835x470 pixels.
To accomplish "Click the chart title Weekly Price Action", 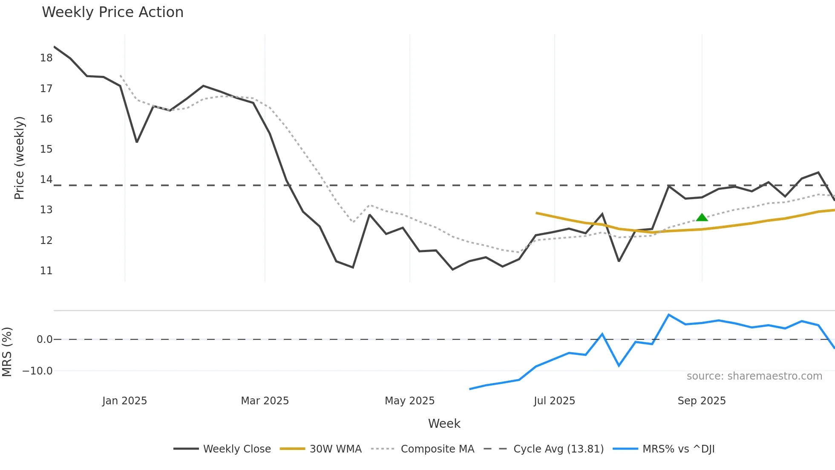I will click(112, 12).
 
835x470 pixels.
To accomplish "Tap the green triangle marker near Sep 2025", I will click(702, 218).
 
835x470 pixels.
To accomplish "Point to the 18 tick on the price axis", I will click(46, 58).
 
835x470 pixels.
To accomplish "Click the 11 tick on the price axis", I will click(46, 271).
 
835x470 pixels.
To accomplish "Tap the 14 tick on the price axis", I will click(46, 180).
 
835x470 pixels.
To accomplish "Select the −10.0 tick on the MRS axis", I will click(37, 371).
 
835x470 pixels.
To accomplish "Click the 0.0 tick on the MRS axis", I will click(44, 339).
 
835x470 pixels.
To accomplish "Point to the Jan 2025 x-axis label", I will click(124, 401).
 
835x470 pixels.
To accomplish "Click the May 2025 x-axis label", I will click(409, 401).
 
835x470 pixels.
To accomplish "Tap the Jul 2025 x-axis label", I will click(554, 401).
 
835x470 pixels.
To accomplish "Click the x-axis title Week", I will click(444, 424).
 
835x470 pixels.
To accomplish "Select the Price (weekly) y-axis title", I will click(19, 158).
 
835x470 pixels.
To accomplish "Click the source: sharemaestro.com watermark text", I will click(754, 376).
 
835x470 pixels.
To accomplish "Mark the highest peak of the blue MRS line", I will click(669, 315).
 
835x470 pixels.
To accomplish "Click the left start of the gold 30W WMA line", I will click(536, 213).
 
